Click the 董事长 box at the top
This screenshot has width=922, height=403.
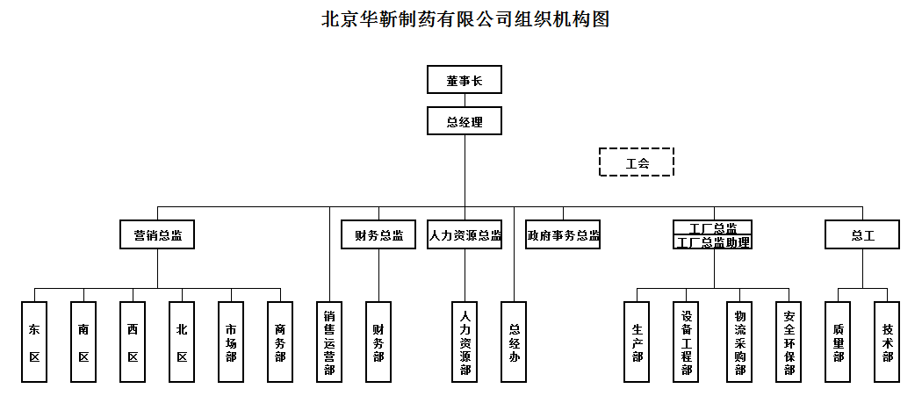tap(465, 80)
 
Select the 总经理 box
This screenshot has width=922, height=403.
tap(465, 121)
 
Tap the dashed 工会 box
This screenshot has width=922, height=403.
tap(637, 162)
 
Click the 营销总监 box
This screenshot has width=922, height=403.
tap(157, 235)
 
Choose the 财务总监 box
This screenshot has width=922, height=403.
tap(378, 235)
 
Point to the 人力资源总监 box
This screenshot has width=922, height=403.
tap(465, 235)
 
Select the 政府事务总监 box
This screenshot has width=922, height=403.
tap(563, 235)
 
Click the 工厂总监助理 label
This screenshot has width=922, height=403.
tap(714, 242)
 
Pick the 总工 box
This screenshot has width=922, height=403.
tap(862, 235)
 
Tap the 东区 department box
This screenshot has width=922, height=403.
tap(34, 342)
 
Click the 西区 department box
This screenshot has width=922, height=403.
tap(133, 342)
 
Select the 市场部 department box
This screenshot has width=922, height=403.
tap(231, 342)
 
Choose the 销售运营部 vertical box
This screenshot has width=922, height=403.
tap(329, 342)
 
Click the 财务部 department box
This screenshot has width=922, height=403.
tap(378, 342)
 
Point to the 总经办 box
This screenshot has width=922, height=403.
tap(514, 342)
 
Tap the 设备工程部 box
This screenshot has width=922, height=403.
tap(687, 342)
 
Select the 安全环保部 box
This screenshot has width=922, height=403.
tap(789, 342)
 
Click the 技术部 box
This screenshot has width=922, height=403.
tap(887, 342)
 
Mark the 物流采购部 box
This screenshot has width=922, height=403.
tap(739, 342)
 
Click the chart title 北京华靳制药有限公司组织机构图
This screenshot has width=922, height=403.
tap(465, 19)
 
